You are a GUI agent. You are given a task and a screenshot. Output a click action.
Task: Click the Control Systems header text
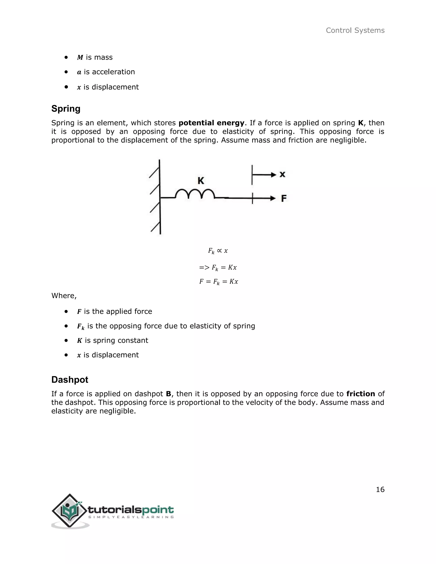355,30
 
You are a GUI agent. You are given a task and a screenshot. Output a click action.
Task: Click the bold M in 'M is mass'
80,57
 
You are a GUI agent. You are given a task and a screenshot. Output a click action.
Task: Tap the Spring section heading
66,109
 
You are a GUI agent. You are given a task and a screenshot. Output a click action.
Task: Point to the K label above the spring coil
201,180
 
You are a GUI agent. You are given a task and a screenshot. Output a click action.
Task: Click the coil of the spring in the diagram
195,194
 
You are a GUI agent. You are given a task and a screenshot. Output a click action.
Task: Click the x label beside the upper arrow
282,174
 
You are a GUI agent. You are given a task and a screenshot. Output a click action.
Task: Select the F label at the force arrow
284,198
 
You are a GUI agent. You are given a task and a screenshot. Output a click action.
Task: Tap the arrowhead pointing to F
273,198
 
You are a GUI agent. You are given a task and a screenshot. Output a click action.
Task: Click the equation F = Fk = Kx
218,282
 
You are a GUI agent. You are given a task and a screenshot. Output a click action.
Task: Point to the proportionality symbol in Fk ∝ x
219,250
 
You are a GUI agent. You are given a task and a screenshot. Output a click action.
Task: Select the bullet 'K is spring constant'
113,340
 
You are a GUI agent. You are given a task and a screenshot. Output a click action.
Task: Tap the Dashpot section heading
70,380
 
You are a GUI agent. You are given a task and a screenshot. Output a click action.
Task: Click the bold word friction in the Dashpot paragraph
360,394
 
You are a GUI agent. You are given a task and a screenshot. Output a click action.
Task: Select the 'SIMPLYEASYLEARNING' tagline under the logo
131,517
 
